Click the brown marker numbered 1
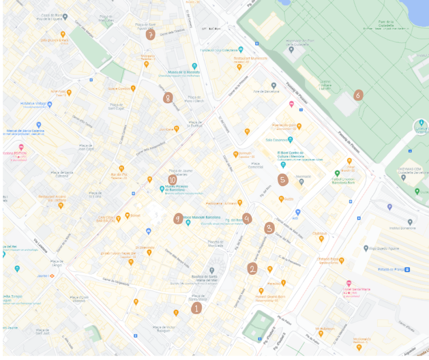[196, 308]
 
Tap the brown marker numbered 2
[252, 269]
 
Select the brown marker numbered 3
[269, 228]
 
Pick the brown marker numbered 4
[247, 218]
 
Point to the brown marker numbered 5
[283, 180]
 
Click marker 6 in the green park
[358, 95]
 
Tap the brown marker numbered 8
[168, 98]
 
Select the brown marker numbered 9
[178, 218]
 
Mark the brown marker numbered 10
[172, 179]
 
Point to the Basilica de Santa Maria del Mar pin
[212, 270]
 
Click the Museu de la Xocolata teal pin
[194, 66]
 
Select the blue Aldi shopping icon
[298, 212]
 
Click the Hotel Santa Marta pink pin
[349, 284]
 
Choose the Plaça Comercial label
[255, 165]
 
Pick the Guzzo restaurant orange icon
[281, 199]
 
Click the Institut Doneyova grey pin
[410, 222]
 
